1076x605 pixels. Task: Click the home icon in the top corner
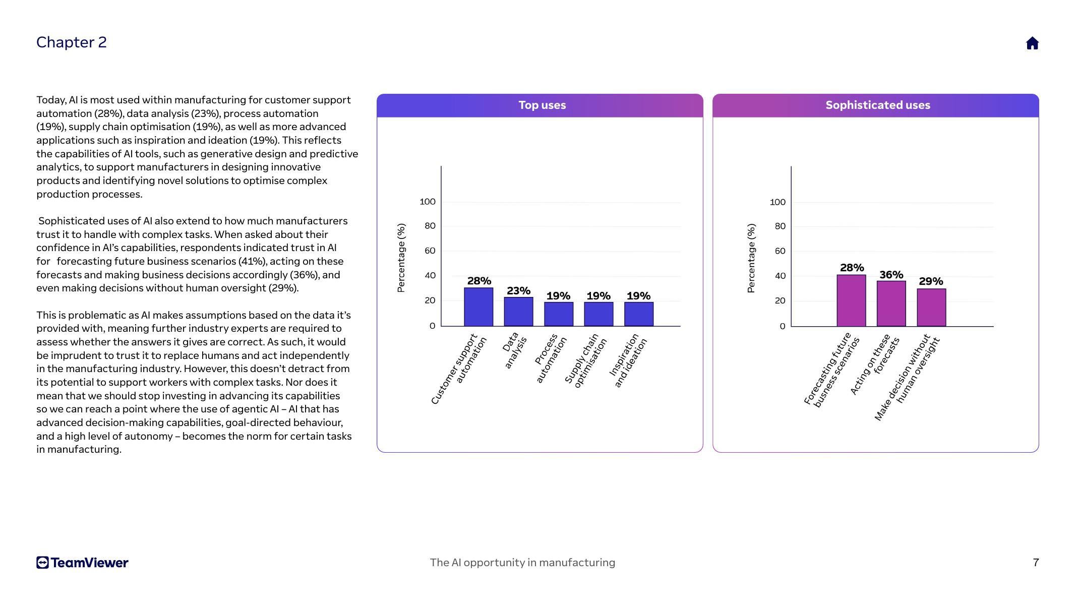coord(1032,43)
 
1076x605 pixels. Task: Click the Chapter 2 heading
coord(72,42)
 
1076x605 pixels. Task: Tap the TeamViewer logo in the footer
coord(82,563)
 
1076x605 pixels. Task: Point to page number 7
coord(1036,563)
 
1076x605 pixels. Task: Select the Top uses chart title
coord(542,105)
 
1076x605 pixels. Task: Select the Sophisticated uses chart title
coord(877,105)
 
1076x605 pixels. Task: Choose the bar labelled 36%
coord(891,304)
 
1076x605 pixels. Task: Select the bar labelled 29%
coord(931,308)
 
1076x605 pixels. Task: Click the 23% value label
coord(518,291)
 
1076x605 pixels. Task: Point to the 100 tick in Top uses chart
coord(428,202)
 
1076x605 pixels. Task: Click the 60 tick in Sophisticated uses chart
coord(780,251)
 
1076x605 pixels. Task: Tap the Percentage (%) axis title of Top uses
coord(401,258)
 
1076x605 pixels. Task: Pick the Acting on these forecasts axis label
coord(875,363)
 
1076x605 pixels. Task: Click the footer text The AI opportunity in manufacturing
coord(522,563)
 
